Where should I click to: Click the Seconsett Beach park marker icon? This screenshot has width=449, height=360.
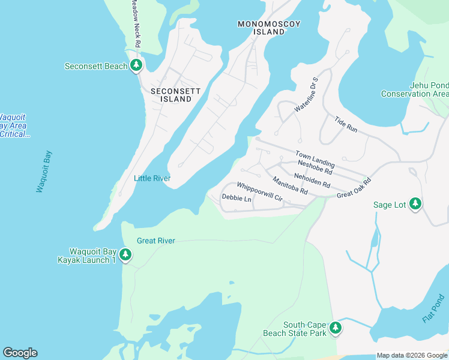[x=136, y=65]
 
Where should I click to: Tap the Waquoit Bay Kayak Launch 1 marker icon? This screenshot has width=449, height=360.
[x=125, y=255]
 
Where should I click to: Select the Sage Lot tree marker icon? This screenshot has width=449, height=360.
[x=415, y=205]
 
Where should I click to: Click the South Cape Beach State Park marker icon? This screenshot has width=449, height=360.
[x=336, y=328]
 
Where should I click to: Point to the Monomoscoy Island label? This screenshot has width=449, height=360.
[x=269, y=28]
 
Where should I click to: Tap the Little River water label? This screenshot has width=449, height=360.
[x=152, y=178]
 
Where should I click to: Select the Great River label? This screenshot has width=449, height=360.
[x=155, y=241]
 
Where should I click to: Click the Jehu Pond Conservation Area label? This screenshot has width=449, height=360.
[x=415, y=89]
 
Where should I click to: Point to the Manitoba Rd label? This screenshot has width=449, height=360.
[x=290, y=185]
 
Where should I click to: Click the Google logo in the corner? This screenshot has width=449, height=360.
[x=20, y=353]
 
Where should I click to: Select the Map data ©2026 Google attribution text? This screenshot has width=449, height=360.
[x=411, y=355]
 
